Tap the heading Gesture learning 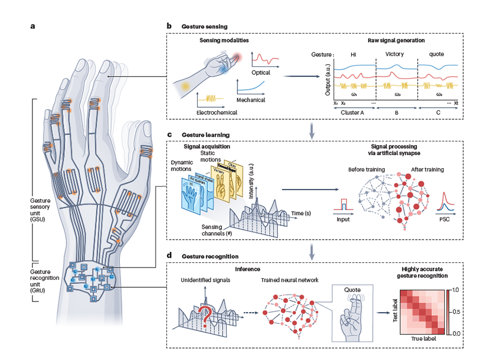[205, 135]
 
